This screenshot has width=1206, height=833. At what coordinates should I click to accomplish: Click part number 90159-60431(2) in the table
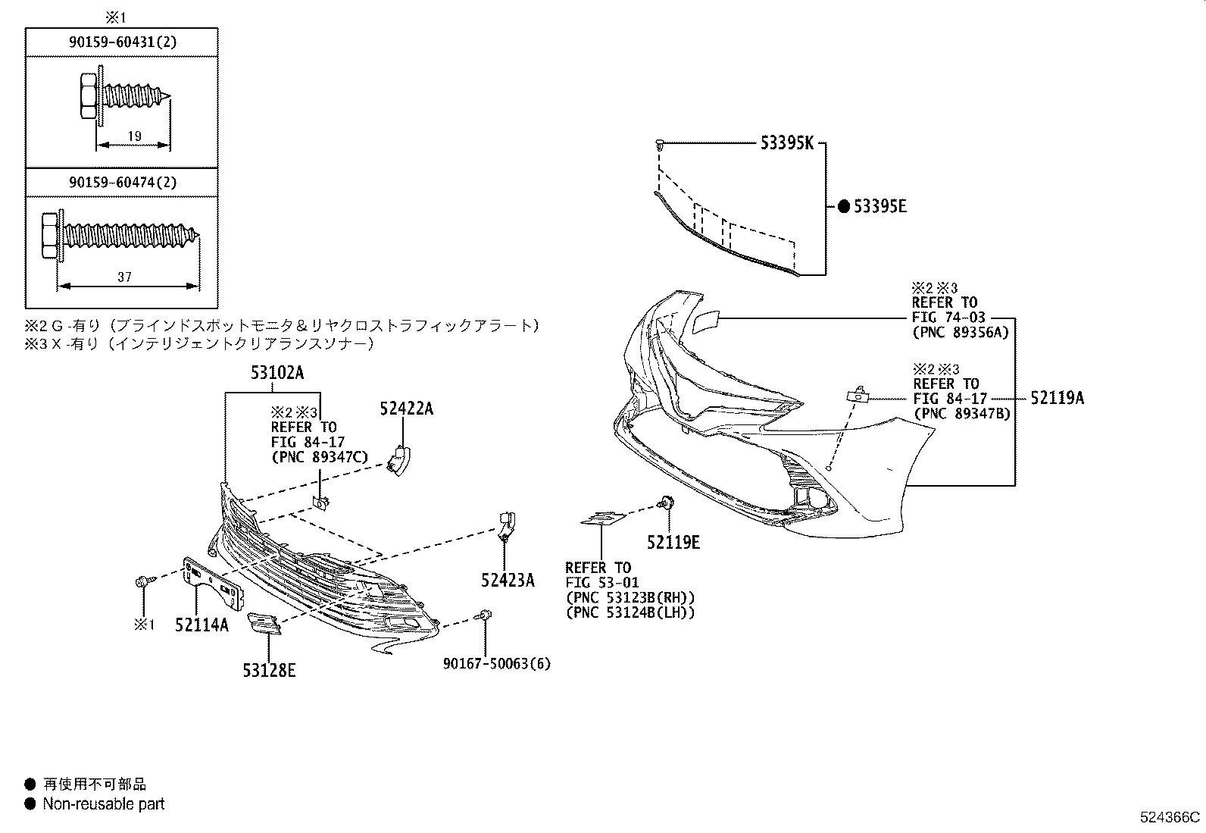pyautogui.click(x=122, y=43)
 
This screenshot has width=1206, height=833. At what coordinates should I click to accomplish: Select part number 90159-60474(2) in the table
pyautogui.click(x=122, y=183)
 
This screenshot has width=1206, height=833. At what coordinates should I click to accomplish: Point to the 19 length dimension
pyautogui.click(x=134, y=136)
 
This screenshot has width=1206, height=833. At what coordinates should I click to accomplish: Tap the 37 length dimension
pyautogui.click(x=124, y=277)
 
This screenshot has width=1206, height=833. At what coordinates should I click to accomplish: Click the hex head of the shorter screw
pyautogui.click(x=86, y=97)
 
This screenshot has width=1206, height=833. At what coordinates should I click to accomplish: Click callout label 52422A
pyautogui.click(x=406, y=409)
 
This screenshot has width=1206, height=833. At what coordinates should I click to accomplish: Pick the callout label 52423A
pyautogui.click(x=507, y=581)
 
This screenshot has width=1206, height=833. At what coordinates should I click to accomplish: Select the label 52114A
pyautogui.click(x=202, y=625)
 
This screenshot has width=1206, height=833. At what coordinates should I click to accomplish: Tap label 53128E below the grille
pyautogui.click(x=269, y=670)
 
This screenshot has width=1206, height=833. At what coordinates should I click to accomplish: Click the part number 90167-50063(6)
pyautogui.click(x=497, y=664)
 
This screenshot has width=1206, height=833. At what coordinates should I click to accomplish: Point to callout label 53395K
pyautogui.click(x=786, y=142)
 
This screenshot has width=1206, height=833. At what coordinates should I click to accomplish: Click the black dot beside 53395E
pyautogui.click(x=843, y=206)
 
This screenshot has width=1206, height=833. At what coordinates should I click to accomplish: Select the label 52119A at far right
pyautogui.click(x=1056, y=398)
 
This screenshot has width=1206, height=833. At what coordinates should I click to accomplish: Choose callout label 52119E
pyautogui.click(x=673, y=542)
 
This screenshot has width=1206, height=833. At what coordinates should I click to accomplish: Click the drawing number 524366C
pyautogui.click(x=1170, y=817)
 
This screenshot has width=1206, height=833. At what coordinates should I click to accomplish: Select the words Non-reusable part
pyautogui.click(x=103, y=804)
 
